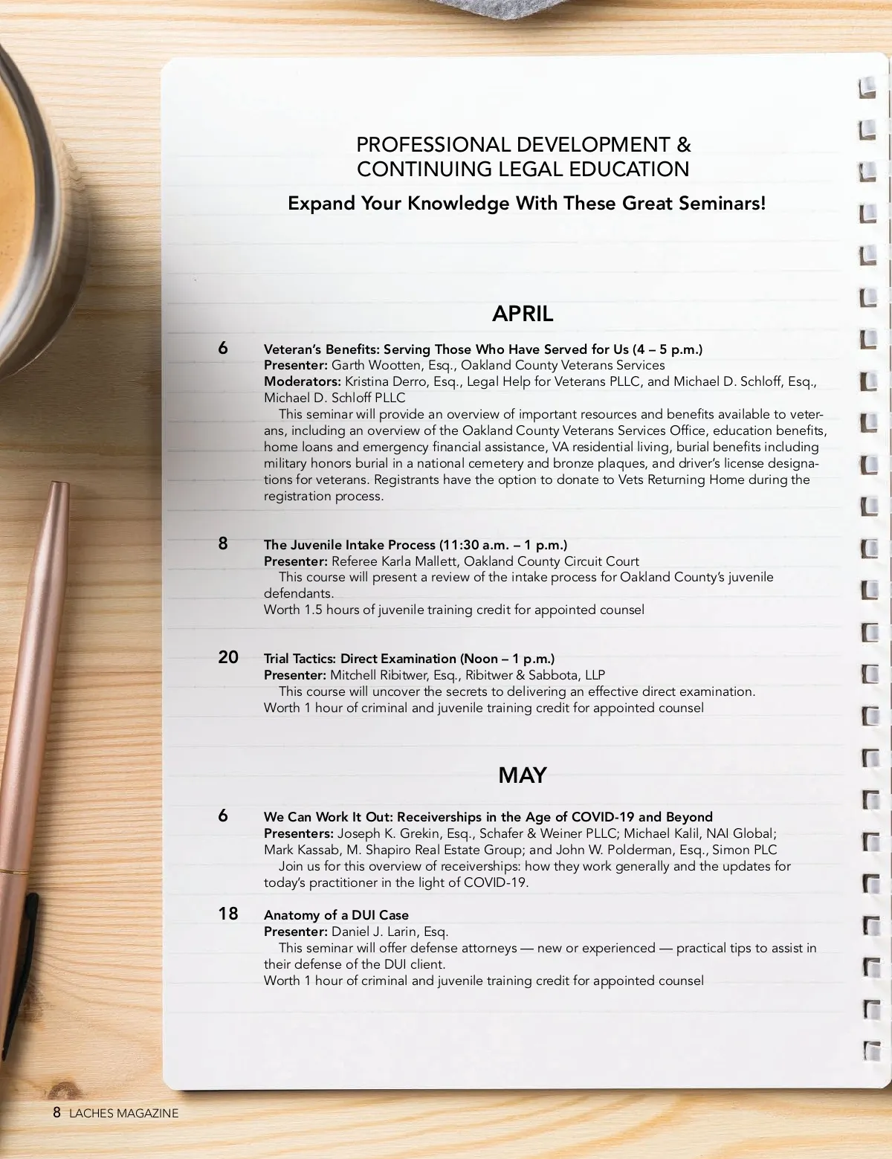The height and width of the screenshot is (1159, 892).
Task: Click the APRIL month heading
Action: pyautogui.click(x=523, y=314)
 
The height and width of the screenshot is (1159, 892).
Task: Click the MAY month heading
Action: pyautogui.click(x=523, y=775)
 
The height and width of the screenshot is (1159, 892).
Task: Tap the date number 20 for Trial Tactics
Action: pyautogui.click(x=228, y=657)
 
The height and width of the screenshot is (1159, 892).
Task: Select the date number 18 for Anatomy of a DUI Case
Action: pyautogui.click(x=228, y=914)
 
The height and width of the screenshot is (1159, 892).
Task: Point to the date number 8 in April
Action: pyautogui.click(x=223, y=543)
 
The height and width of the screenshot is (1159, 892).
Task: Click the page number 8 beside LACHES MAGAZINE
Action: pyautogui.click(x=56, y=1112)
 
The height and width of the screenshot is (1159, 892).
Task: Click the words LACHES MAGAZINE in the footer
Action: pyautogui.click(x=124, y=1113)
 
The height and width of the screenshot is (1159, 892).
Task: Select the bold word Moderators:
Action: pyautogui.click(x=303, y=381)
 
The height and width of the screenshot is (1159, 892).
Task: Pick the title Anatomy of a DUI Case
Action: pyautogui.click(x=336, y=915)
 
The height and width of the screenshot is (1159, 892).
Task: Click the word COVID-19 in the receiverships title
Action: pyautogui.click(x=603, y=817)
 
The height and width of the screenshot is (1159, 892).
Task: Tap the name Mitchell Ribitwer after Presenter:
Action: pyautogui.click(x=378, y=675)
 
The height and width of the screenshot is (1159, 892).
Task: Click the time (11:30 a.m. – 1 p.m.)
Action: pyautogui.click(x=503, y=545)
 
